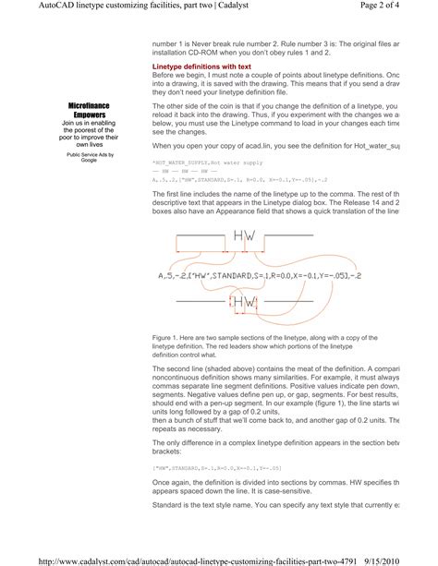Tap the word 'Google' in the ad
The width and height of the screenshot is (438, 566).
[89, 160]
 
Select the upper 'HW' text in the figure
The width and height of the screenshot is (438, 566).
[245, 237]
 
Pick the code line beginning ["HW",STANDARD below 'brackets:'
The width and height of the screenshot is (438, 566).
[217, 468]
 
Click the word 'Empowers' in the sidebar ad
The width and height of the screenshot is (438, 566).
[89, 114]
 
